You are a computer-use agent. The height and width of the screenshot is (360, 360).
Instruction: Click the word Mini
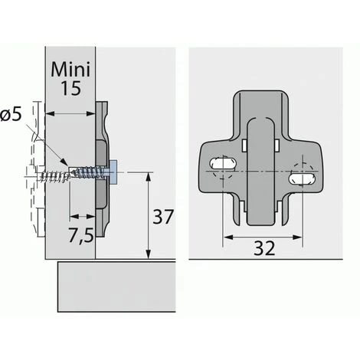click(70, 69)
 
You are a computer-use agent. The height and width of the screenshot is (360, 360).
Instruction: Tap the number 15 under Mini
click(70, 88)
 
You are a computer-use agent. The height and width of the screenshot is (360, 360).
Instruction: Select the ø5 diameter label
click(11, 115)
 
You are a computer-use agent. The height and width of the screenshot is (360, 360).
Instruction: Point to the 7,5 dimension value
click(80, 234)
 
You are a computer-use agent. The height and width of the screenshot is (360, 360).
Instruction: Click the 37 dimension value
click(163, 217)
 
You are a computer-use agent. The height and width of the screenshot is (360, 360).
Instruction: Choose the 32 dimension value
click(264, 247)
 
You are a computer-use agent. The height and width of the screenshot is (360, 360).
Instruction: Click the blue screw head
click(113, 172)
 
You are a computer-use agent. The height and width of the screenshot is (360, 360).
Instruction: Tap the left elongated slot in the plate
click(222, 163)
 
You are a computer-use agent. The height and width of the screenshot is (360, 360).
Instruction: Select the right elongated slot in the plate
click(301, 178)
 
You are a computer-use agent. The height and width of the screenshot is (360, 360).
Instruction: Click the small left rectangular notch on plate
click(244, 146)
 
